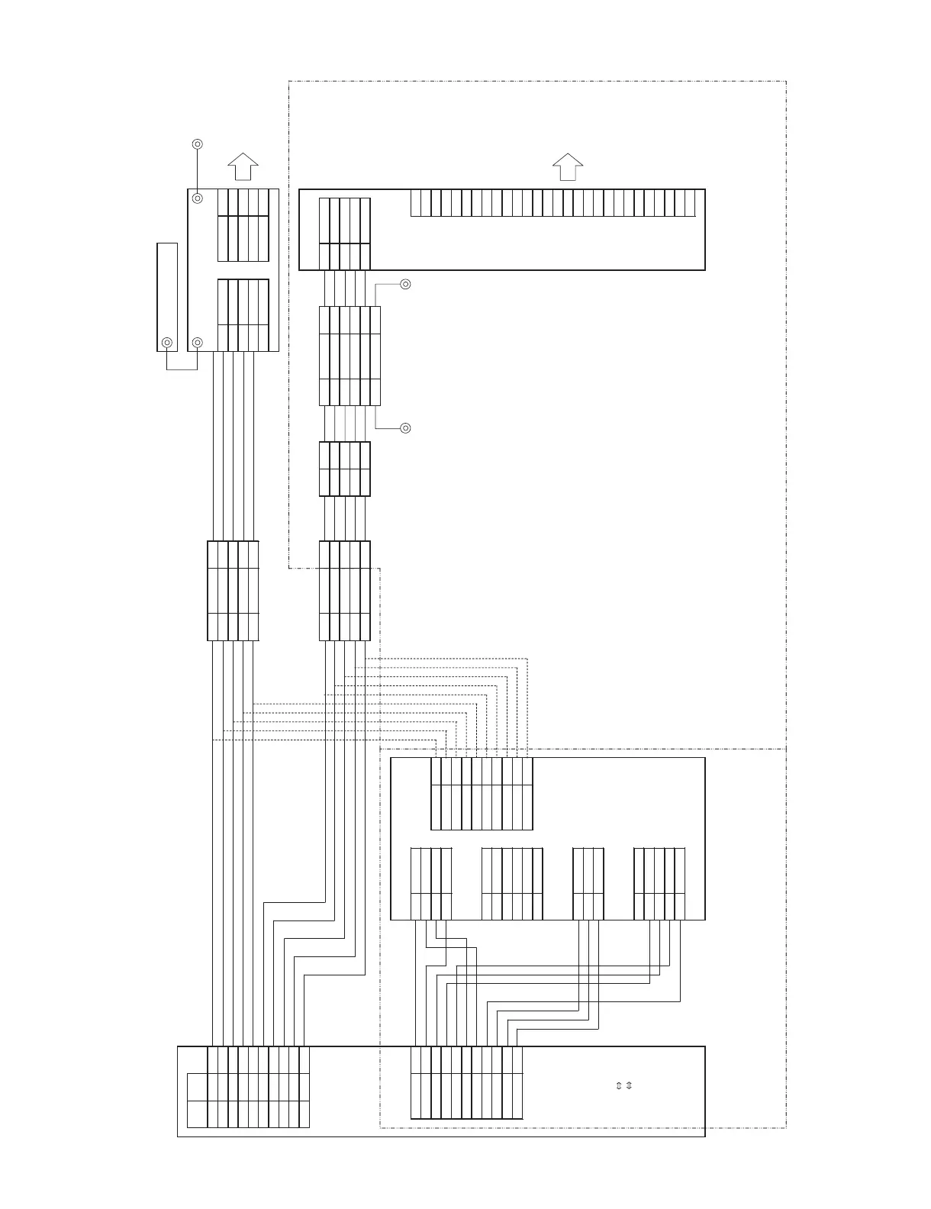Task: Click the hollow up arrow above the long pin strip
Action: point(568,166)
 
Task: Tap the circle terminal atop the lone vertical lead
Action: point(197,143)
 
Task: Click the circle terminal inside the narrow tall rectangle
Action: point(167,343)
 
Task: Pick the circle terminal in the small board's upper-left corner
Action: point(197,198)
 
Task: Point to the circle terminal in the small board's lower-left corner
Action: point(197,343)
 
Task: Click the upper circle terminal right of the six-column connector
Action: point(405,285)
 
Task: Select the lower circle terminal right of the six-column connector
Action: point(405,428)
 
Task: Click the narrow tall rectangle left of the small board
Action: point(167,297)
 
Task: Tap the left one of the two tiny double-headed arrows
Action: point(619,1085)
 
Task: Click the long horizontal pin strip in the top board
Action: point(553,203)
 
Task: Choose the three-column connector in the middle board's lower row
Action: point(588,883)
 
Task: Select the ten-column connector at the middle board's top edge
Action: point(482,793)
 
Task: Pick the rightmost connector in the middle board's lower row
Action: point(659,883)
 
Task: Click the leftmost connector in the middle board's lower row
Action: point(430,883)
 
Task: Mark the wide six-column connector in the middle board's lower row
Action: point(512,883)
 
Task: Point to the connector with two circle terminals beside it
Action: point(350,356)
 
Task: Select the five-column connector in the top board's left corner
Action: point(344,234)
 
